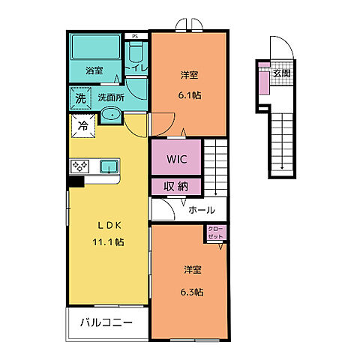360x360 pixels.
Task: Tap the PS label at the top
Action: tap(135, 35)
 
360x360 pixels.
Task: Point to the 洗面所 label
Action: tap(109, 97)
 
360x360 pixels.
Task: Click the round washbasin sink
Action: tap(109, 115)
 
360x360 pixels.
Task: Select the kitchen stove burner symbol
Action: tap(79, 166)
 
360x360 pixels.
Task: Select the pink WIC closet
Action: tap(176, 159)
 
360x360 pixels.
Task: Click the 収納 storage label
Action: tap(176, 187)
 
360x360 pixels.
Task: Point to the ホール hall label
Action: tap(202, 210)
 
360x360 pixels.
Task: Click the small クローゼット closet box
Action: tap(215, 232)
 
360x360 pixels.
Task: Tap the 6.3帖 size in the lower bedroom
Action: tap(192, 291)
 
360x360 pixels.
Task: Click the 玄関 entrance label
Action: tap(281, 73)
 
